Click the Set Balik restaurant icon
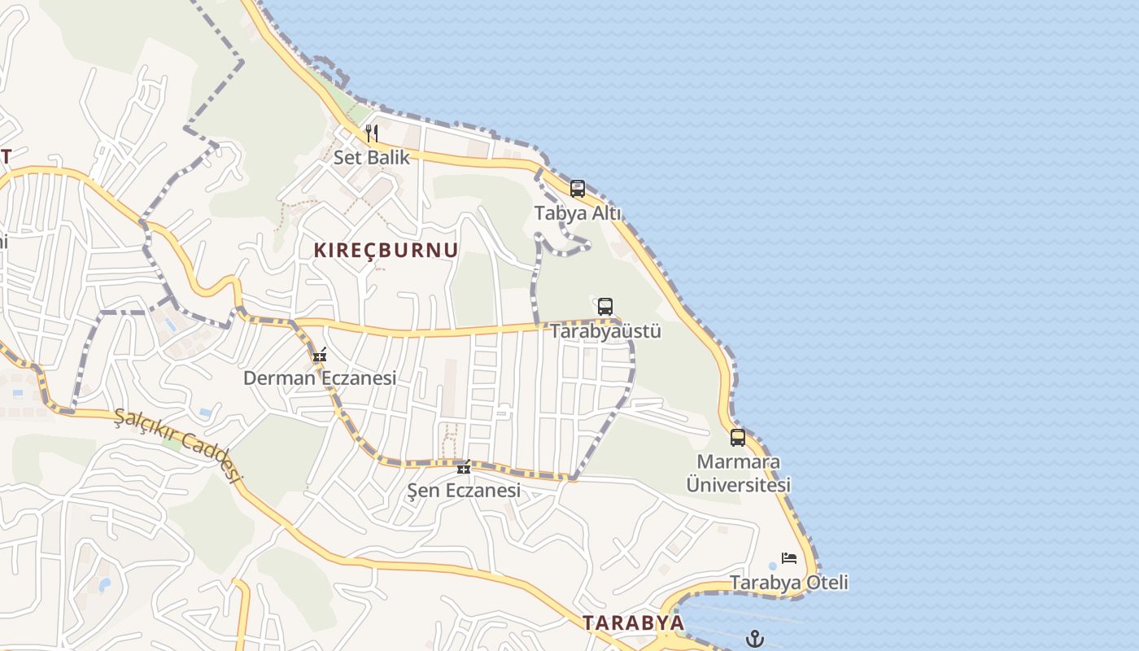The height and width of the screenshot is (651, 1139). click(x=372, y=133)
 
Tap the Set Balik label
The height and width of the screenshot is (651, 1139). click(x=372, y=157)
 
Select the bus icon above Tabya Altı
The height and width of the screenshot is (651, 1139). click(x=578, y=189)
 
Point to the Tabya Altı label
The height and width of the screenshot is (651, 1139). click(x=578, y=213)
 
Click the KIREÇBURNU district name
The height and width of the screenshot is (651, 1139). click(x=386, y=251)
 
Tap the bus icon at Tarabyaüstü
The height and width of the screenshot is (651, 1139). click(x=605, y=307)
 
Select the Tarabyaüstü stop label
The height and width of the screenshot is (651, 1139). click(x=605, y=331)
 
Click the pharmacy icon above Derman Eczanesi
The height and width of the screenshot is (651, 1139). click(x=320, y=355)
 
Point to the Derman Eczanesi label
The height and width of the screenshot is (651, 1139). click(x=320, y=378)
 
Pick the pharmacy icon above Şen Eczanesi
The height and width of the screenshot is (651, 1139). click(x=464, y=467)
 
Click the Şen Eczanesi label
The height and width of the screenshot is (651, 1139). click(x=464, y=491)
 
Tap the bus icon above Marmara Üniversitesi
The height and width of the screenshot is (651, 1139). click(x=738, y=438)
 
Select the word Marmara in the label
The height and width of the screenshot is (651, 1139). click(x=739, y=462)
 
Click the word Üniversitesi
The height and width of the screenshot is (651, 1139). click(x=739, y=485)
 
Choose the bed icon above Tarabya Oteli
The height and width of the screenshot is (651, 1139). click(x=789, y=558)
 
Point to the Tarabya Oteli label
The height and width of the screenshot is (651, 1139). click(x=789, y=583)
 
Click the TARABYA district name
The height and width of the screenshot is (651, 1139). click(x=633, y=623)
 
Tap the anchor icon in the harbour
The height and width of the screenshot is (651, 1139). click(x=756, y=638)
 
